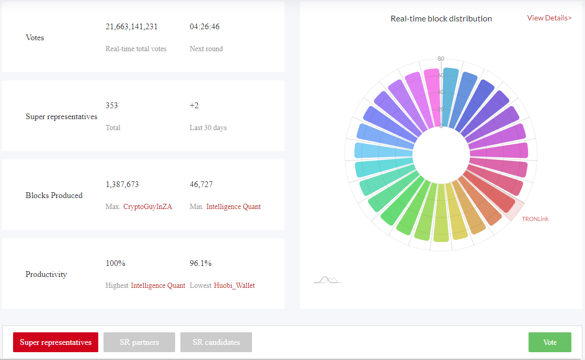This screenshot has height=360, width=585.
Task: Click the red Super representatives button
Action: (55, 342)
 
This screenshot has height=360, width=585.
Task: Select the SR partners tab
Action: (139, 342)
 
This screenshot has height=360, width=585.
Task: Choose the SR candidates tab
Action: (216, 342)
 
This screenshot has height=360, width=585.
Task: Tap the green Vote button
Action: (549, 342)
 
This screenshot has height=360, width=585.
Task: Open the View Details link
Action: (549, 18)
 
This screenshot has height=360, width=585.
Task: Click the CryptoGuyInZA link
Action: (148, 207)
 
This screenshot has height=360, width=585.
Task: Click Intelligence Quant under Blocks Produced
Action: (234, 207)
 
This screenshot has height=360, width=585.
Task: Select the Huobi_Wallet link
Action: (234, 285)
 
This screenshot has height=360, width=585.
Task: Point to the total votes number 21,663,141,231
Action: (132, 27)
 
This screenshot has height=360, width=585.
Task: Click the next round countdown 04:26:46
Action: (204, 27)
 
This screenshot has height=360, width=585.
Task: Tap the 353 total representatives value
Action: (111, 106)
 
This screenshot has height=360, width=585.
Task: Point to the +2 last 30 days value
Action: (194, 106)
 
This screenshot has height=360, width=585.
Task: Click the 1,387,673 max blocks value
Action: (122, 184)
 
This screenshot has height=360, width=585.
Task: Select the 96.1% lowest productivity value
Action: (200, 263)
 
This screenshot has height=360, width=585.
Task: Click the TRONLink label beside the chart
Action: (535, 219)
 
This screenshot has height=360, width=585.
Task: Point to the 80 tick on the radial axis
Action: (441, 59)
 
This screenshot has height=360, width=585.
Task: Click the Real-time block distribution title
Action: (441, 19)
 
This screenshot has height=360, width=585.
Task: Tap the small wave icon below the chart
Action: (328, 280)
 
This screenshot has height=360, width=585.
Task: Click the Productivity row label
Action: (46, 274)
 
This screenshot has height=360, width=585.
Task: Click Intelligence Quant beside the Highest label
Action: (158, 285)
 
